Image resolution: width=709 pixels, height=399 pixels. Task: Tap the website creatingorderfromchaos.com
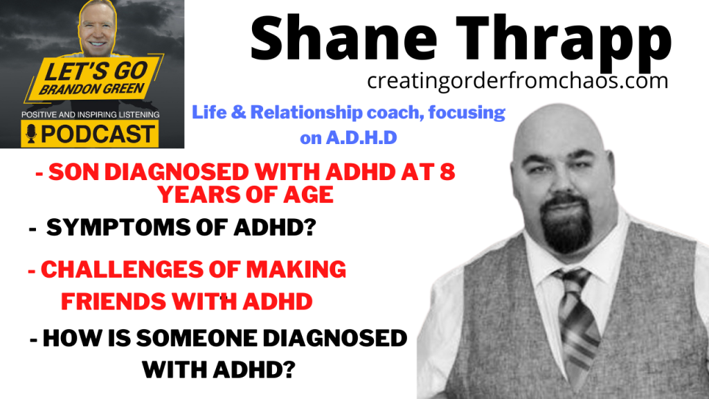tap(518, 80)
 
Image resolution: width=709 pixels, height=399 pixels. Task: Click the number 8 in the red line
tap(447, 172)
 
